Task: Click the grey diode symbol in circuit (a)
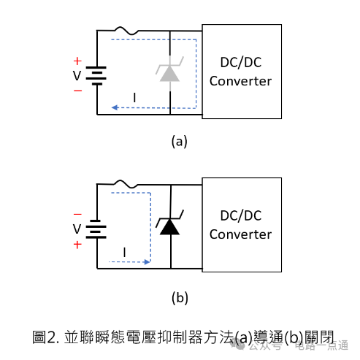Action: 169,73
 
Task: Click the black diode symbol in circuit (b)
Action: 169,226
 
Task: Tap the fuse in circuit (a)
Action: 126,31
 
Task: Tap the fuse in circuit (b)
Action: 126,184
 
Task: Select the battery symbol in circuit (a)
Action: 96,76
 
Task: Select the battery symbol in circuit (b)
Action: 96,229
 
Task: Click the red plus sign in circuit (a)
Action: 77,61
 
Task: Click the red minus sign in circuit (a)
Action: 77,91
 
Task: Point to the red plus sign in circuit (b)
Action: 77,245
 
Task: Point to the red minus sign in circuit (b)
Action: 77,214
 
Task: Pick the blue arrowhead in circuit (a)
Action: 115,107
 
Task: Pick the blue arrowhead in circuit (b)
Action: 147,262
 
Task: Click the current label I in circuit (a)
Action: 134,98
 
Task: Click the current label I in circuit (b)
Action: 125,252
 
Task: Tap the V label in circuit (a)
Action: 77,76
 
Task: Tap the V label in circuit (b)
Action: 77,229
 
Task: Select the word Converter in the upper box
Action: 240,81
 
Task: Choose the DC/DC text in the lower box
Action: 241,215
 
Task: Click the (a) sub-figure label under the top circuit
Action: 180,142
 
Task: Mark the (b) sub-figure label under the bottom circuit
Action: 180,298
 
